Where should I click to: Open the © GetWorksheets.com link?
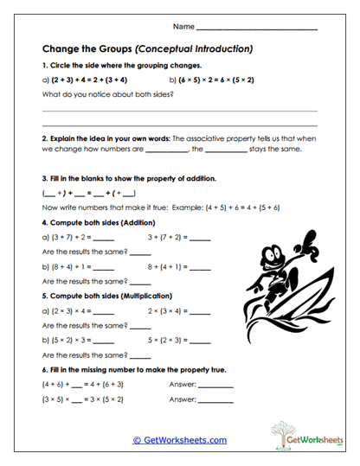[x=179, y=440]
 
